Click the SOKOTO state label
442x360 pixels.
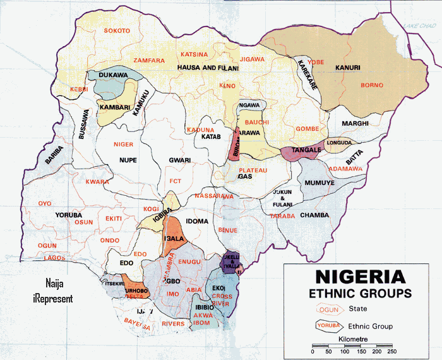click(x=117, y=31)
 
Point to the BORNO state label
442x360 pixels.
click(x=372, y=85)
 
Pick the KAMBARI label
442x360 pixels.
click(x=114, y=107)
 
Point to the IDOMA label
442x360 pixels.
click(x=196, y=221)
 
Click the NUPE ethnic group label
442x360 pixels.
click(x=128, y=160)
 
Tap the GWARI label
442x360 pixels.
click(x=179, y=160)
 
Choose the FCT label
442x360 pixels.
click(x=176, y=181)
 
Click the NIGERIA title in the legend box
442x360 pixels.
click(x=360, y=277)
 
